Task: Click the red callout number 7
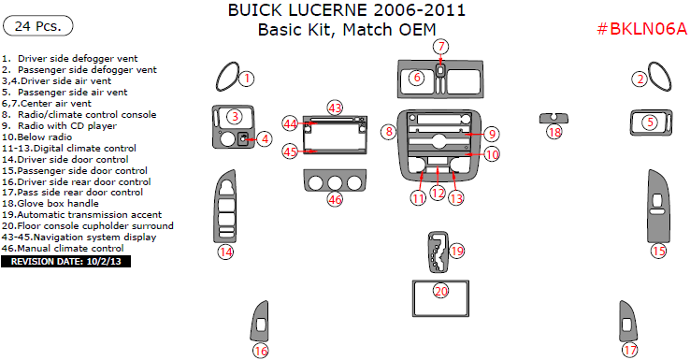tap(441, 46)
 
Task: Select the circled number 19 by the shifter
tap(457, 251)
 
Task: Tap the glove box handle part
tap(553, 119)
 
